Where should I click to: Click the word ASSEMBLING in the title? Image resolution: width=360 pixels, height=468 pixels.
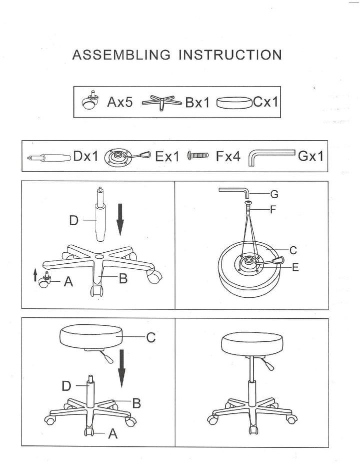tap(121, 55)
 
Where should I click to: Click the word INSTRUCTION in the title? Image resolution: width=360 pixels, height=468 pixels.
tap(230, 55)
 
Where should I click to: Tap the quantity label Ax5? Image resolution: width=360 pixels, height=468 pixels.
tap(120, 103)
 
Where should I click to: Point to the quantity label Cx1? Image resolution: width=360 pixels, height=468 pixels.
tap(265, 103)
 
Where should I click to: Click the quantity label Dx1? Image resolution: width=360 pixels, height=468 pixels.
tap(86, 156)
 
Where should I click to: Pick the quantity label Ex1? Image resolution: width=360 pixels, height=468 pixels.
tap(167, 157)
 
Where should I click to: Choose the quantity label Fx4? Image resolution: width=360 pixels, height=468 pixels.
tap(228, 157)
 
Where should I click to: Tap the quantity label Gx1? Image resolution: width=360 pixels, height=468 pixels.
tap(310, 156)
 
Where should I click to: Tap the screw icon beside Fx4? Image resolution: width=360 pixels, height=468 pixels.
tap(197, 156)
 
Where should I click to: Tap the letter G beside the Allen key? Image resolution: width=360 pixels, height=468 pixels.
tap(274, 194)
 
